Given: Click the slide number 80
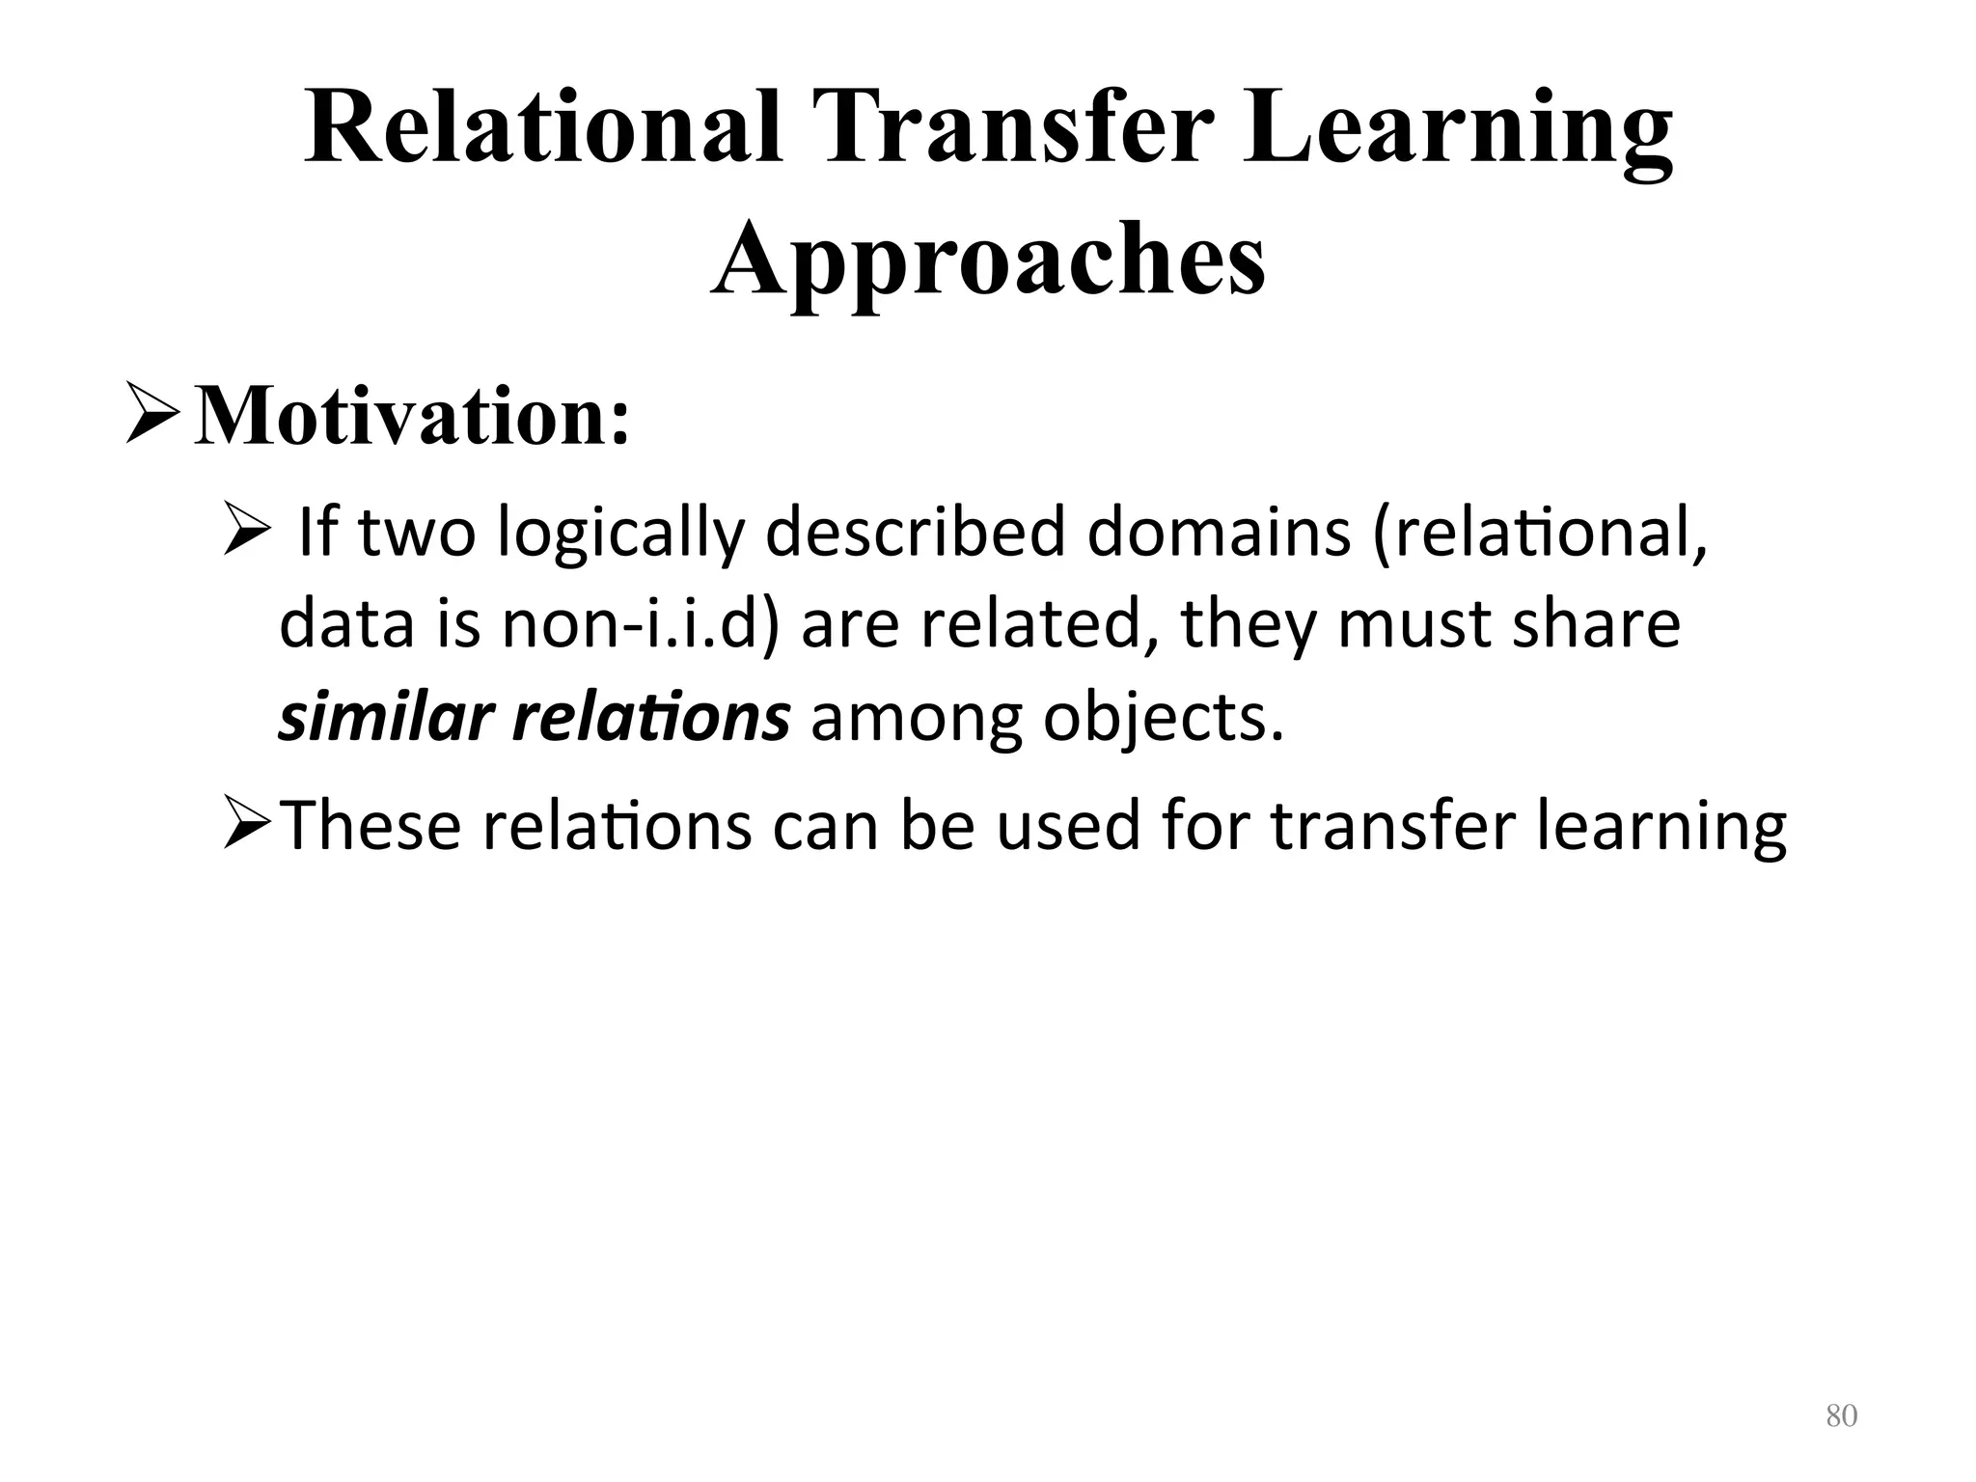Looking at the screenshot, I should coord(1841,1416).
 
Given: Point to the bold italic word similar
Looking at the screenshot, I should coord(385,719).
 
